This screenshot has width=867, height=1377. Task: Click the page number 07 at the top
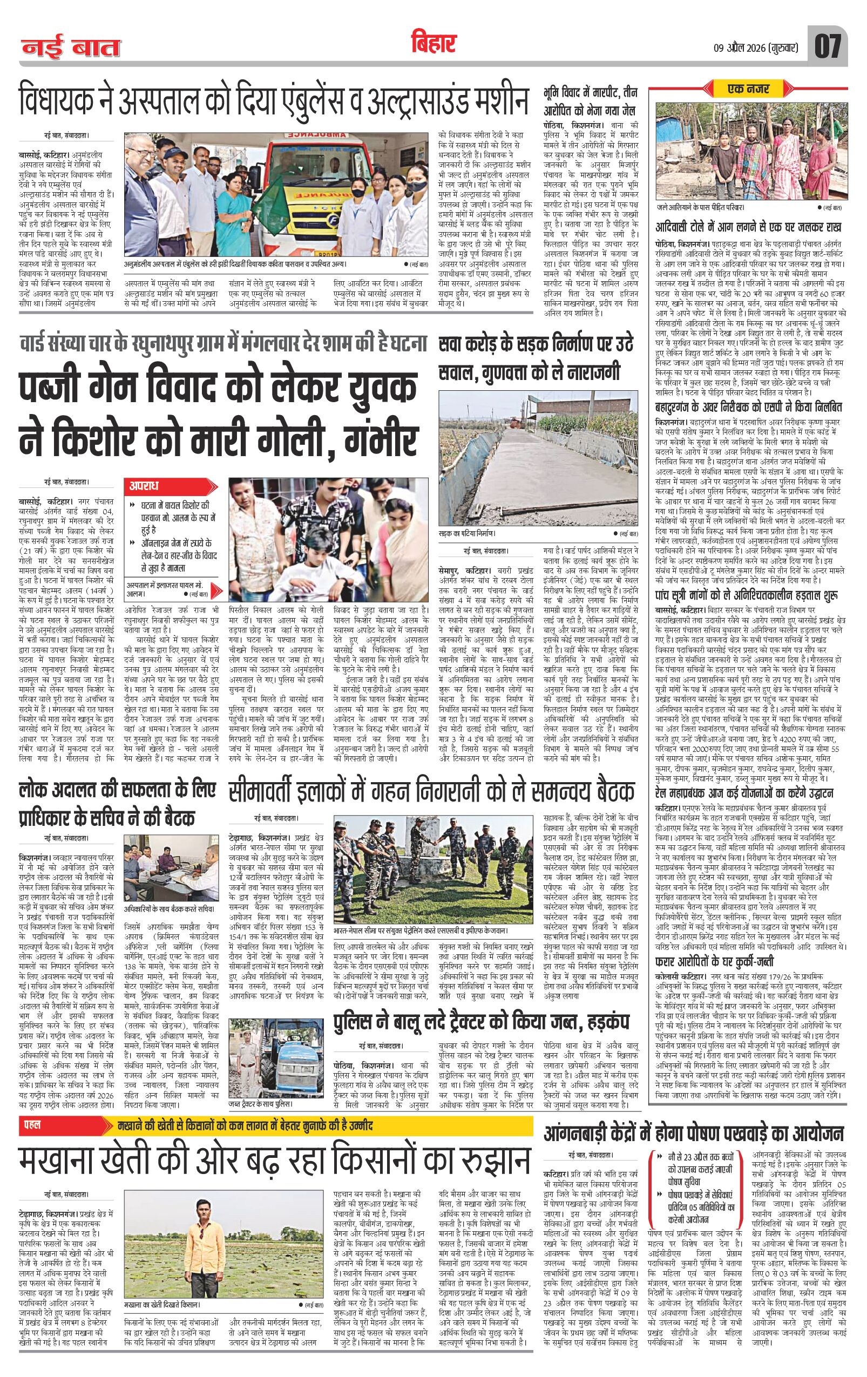[827, 46]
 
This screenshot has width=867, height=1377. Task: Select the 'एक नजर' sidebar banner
[749, 89]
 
